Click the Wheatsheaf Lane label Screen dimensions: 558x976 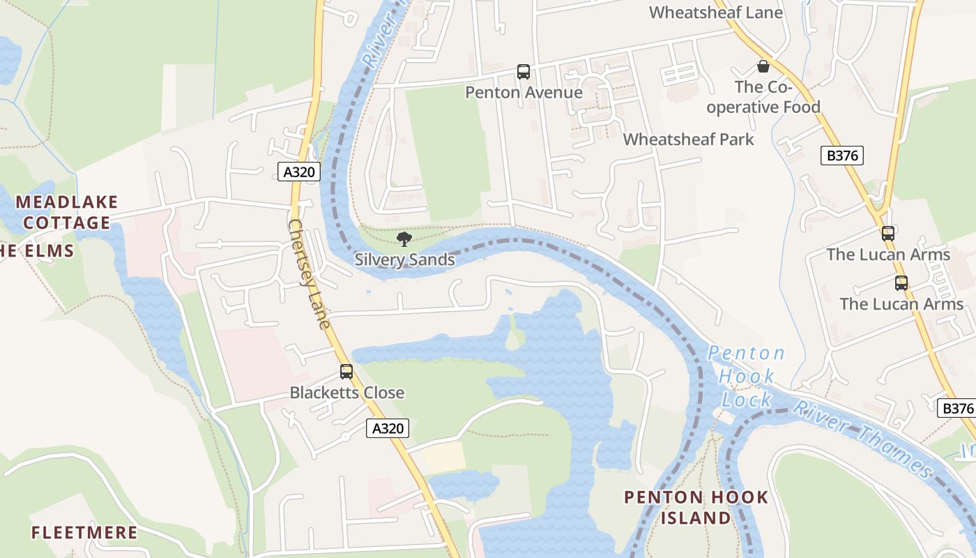point(715,13)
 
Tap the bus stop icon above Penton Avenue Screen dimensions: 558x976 point(524,71)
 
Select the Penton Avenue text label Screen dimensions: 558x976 point(524,93)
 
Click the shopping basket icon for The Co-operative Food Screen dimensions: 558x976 point(763,67)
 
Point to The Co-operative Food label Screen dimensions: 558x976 point(777,98)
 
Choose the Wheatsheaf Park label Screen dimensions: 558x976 point(688,139)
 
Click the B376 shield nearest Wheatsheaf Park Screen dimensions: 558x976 point(842,156)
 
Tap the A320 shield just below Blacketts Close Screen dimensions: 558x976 point(388,428)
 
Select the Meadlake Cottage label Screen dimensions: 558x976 point(67,213)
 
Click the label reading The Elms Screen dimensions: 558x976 point(36,251)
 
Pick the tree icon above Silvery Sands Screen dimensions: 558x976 point(404,240)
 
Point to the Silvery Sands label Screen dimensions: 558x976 point(404,260)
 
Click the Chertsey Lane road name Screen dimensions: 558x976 point(308,274)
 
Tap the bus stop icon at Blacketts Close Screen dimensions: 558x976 point(346,372)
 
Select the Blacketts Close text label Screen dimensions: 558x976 point(346,393)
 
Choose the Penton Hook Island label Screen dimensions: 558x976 point(696,508)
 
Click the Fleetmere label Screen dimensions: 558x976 point(84,533)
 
